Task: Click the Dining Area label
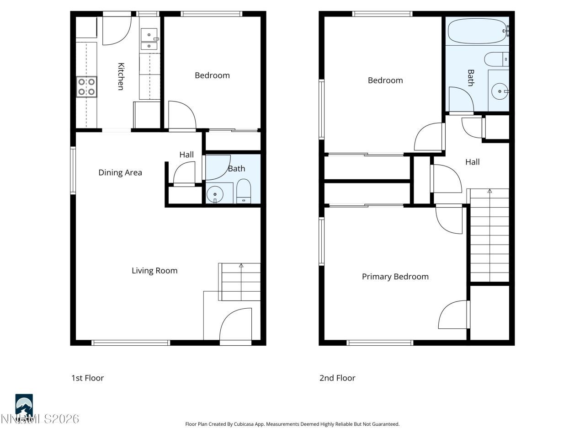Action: (x=120, y=172)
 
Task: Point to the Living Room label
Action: (x=154, y=271)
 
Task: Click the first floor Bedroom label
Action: (x=212, y=75)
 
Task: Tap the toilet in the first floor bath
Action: (x=244, y=191)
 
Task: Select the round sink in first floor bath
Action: (x=214, y=194)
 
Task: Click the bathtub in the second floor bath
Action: (x=477, y=31)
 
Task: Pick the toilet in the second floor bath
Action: (x=496, y=59)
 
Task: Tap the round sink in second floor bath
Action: (x=500, y=91)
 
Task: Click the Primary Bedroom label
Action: (x=395, y=277)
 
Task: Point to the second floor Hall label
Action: (x=472, y=162)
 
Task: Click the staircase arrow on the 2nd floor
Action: (x=489, y=191)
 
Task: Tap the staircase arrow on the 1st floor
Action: (x=241, y=265)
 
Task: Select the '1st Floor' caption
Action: (x=87, y=378)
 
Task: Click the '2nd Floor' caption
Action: (x=337, y=378)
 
